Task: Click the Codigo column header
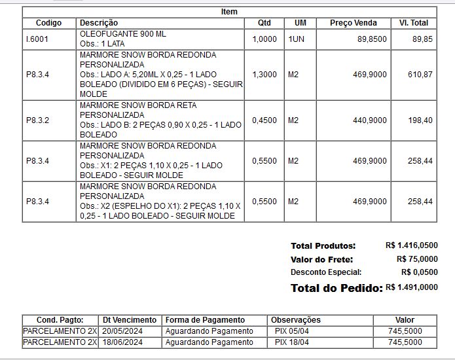tap(49, 23)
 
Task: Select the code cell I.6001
tap(37, 39)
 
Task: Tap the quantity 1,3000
tap(264, 75)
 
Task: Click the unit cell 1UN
tap(296, 39)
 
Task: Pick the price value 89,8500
tap(372, 39)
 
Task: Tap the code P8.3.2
tap(38, 120)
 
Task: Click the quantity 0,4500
tap(264, 120)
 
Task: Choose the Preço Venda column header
tap(354, 23)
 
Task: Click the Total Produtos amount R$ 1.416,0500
tap(412, 246)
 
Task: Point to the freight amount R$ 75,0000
tap(417, 259)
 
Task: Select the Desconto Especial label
tap(326, 272)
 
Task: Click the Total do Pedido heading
tap(337, 288)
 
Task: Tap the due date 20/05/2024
tap(122, 331)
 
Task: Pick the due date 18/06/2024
tap(122, 342)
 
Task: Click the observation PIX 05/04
tap(292, 331)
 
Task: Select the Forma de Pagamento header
tap(205, 320)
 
